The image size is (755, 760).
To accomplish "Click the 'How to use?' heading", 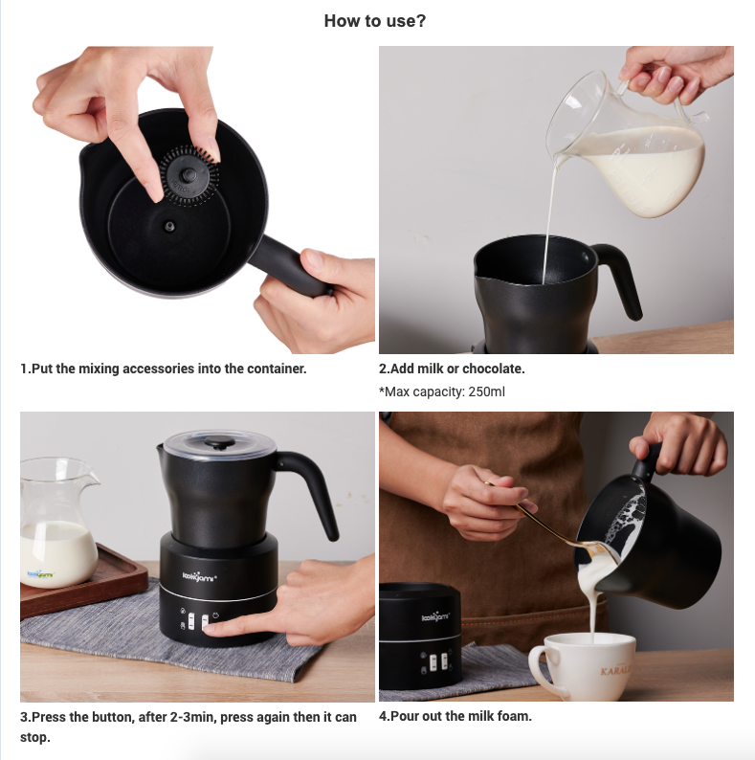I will [x=375, y=21].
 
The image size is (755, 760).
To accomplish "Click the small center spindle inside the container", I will [x=169, y=226].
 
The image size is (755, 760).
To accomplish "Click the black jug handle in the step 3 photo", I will [x=316, y=488].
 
